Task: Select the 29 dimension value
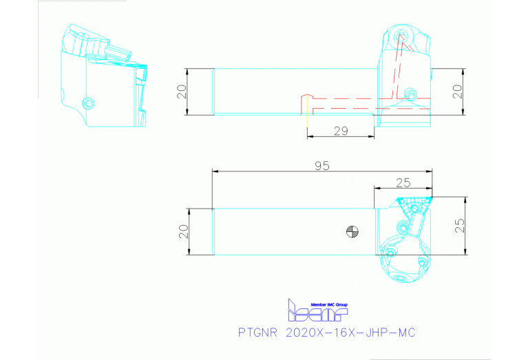click(x=341, y=130)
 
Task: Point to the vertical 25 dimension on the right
click(x=459, y=224)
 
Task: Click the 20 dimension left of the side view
click(x=182, y=92)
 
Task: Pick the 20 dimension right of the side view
click(x=457, y=92)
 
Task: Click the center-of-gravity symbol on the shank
click(x=352, y=232)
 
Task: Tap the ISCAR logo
click(x=317, y=313)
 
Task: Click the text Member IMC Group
click(x=330, y=304)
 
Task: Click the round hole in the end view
click(x=87, y=103)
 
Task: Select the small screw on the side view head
click(x=410, y=94)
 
